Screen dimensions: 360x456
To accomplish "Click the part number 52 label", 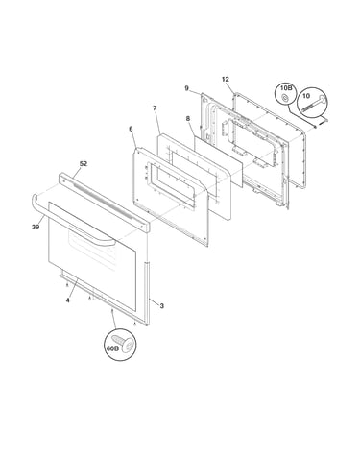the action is pyautogui.click(x=84, y=163).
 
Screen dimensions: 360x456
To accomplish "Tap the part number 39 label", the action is pyautogui.click(x=36, y=227).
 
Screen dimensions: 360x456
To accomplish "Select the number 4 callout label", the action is pyautogui.click(x=67, y=300).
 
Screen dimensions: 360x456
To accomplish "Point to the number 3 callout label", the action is pyautogui.click(x=162, y=306).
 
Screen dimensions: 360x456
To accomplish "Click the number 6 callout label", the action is pyautogui.click(x=131, y=129).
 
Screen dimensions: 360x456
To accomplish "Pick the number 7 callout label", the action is pyautogui.click(x=155, y=108).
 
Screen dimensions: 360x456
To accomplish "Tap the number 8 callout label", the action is pyautogui.click(x=188, y=119).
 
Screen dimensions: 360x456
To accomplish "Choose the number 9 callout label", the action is pyautogui.click(x=187, y=88).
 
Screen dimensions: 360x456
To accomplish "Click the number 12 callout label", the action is pyautogui.click(x=226, y=79).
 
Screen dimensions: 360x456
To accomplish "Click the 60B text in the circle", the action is pyautogui.click(x=112, y=348).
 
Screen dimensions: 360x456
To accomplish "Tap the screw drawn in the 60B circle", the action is pyautogui.click(x=123, y=341).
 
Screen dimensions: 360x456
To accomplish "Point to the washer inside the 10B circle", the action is pyautogui.click(x=284, y=97).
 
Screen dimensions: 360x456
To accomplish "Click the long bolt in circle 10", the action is pyautogui.click(x=314, y=105).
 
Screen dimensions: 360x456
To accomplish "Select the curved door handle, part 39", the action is pyautogui.click(x=70, y=221).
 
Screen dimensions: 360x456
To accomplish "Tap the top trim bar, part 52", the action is pyautogui.click(x=104, y=203).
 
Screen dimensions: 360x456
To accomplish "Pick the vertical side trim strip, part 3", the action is pyautogui.click(x=147, y=294).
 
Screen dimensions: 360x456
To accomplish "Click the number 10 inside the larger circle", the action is pyautogui.click(x=306, y=96).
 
